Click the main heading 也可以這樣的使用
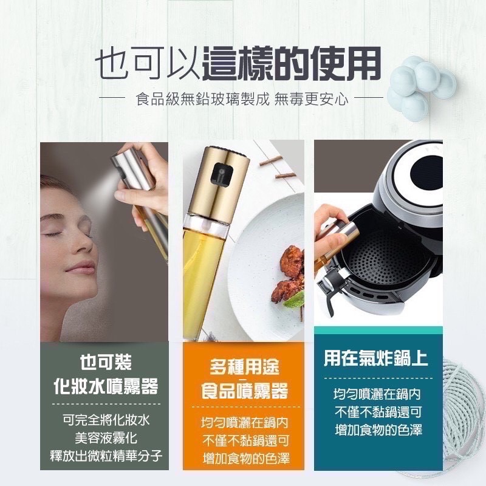click(x=238, y=64)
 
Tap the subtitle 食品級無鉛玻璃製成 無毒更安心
click(x=242, y=99)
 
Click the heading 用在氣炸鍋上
click(x=376, y=358)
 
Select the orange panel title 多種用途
click(x=244, y=367)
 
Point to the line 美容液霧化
click(x=106, y=438)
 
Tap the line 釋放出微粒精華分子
click(x=106, y=456)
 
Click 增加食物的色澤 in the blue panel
click(x=378, y=430)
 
